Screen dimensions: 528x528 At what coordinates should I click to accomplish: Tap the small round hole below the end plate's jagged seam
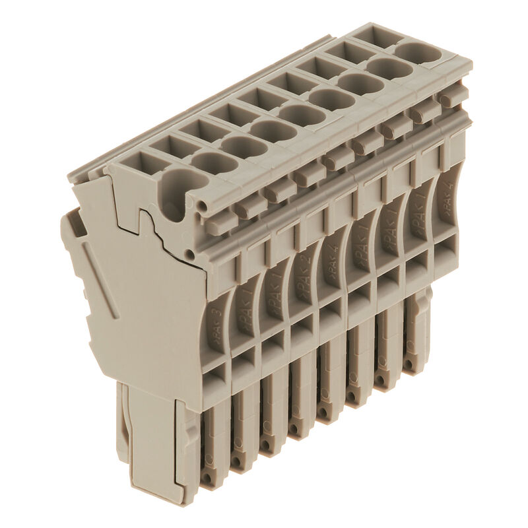click(x=190, y=254)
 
